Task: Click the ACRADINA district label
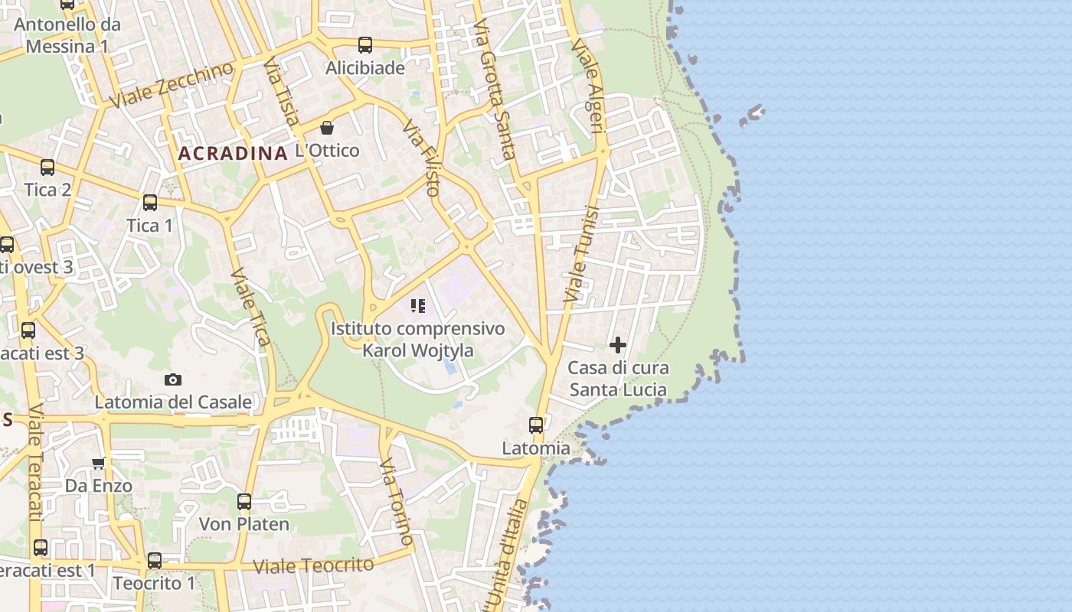232,153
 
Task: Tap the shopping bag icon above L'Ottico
327,127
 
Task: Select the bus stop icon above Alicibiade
365,44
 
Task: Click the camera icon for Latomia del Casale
173,379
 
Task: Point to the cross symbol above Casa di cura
618,345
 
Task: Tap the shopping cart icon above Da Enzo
99,463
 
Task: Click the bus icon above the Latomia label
536,425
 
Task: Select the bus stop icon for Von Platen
244,502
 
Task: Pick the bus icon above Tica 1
150,203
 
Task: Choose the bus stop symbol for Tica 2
47,167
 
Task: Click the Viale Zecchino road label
171,85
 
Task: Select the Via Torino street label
397,502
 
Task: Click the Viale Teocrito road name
313,566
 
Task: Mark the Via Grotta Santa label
494,90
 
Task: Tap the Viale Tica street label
250,306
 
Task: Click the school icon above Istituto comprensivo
418,306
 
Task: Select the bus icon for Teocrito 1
155,561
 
